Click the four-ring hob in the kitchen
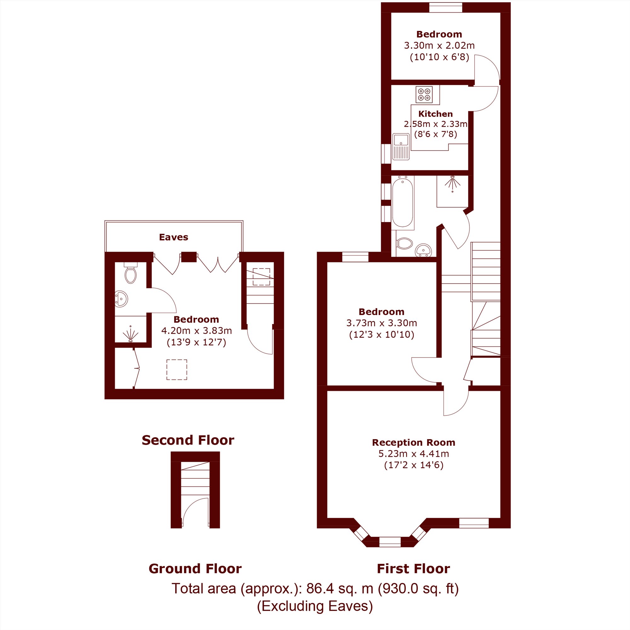[424, 94]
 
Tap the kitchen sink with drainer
[401, 146]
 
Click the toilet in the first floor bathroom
[404, 243]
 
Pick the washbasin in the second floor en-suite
[121, 299]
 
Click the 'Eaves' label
[174, 237]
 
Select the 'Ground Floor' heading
[195, 568]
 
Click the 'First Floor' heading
[413, 568]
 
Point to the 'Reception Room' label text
[414, 443]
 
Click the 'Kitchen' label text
[435, 114]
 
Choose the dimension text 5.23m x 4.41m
[414, 454]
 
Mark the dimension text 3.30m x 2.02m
[439, 45]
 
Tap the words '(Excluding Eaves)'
[315, 606]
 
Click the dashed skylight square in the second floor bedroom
[177, 369]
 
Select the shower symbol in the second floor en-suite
[130, 334]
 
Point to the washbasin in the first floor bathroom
[423, 250]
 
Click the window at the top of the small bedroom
[445, 8]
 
